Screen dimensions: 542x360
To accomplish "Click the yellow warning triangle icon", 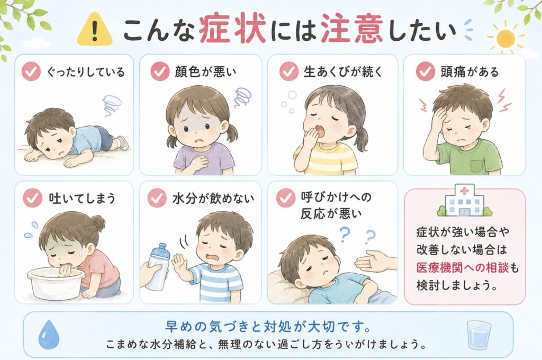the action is pos(94,30).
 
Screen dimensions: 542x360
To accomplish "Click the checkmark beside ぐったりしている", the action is pos(31,71).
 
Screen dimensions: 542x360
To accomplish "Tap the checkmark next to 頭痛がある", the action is pos(425,71).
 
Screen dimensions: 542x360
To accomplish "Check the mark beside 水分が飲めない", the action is pos(157,198).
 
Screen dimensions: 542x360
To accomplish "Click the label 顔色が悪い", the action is pos(205,71).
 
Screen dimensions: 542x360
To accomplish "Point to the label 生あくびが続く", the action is pos(343,71).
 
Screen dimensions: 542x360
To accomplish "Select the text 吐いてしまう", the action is pos(82,198).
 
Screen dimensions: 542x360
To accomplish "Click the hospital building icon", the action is pos(465,201).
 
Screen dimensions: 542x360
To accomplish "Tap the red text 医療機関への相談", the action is pos(463,268).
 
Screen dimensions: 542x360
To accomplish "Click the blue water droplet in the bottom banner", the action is pos(48,334).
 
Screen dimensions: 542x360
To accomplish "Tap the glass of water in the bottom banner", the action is pos(478,335).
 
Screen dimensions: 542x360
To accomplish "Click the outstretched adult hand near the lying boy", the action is pos(375,261).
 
